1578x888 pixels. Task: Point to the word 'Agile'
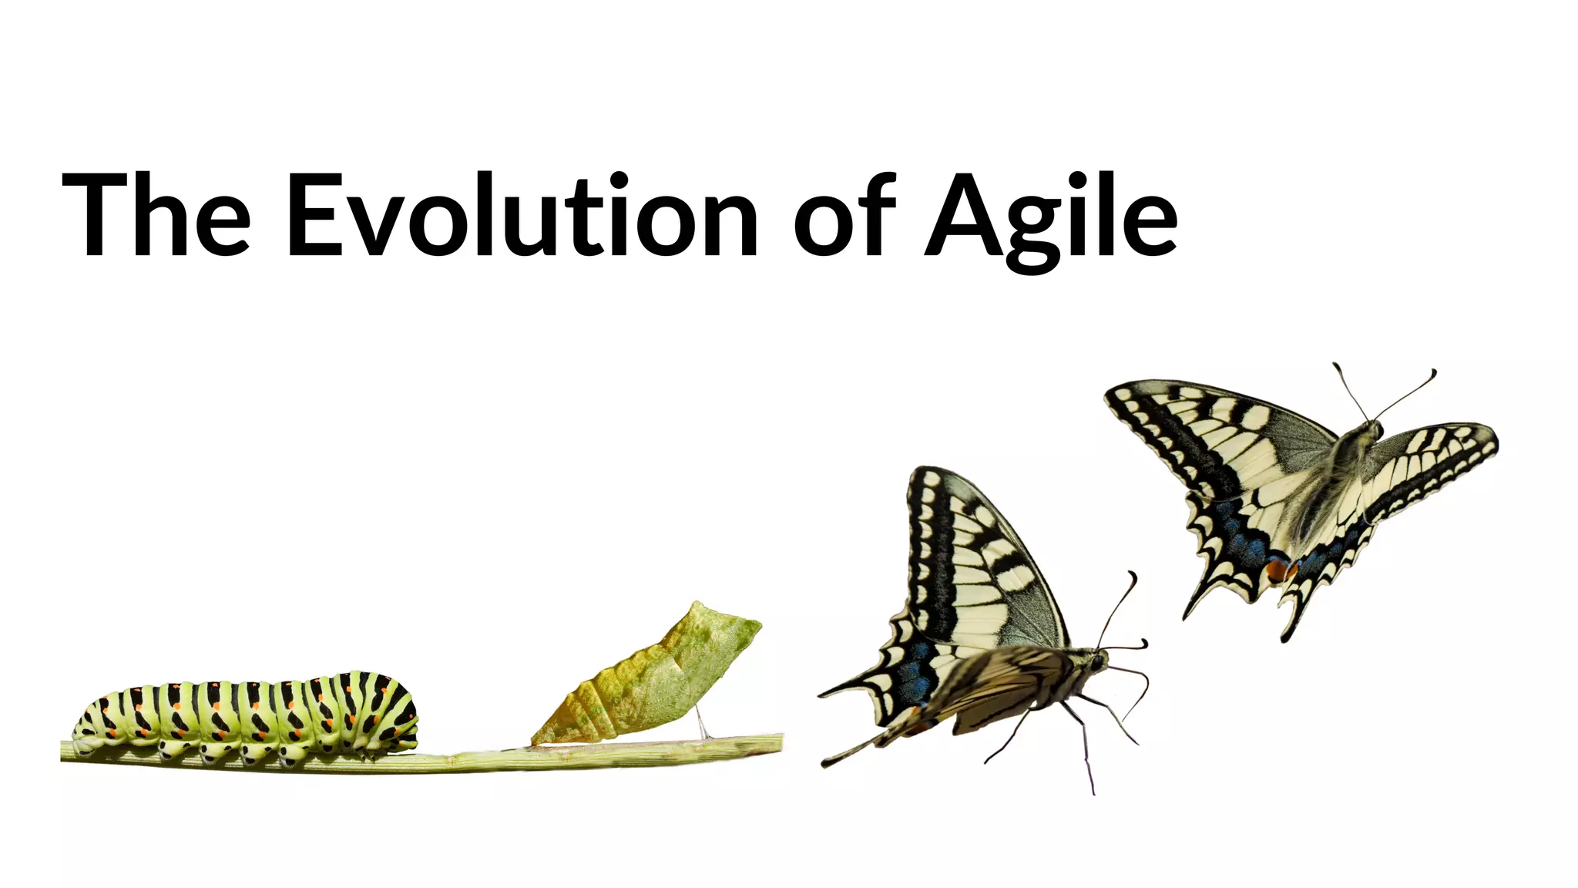pyautogui.click(x=1051, y=216)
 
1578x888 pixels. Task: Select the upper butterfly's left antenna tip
pyautogui.click(x=1336, y=365)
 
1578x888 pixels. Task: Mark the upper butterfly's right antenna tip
pyautogui.click(x=1433, y=372)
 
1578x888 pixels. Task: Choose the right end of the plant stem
pyautogui.click(x=780, y=742)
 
